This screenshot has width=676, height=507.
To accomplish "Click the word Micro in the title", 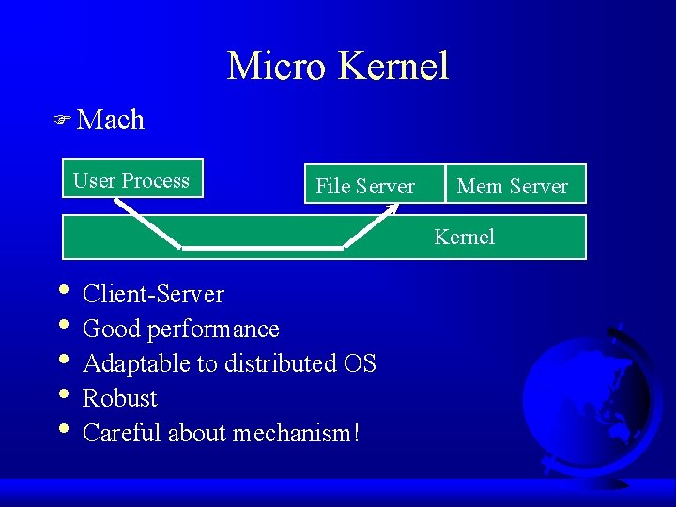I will pos(277,66).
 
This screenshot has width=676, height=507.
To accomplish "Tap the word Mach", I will pos(111,119).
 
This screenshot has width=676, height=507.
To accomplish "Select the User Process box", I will pos(131,180).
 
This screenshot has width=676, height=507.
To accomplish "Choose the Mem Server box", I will pos(513,186).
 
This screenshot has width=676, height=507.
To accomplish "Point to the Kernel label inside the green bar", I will pos(464,237).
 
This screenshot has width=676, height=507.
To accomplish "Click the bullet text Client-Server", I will pos(153,294).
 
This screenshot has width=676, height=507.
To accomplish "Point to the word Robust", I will pos(120,398).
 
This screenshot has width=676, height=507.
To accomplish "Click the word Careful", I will pos(119,433).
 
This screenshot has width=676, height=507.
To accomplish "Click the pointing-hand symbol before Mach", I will pos(63,120).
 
